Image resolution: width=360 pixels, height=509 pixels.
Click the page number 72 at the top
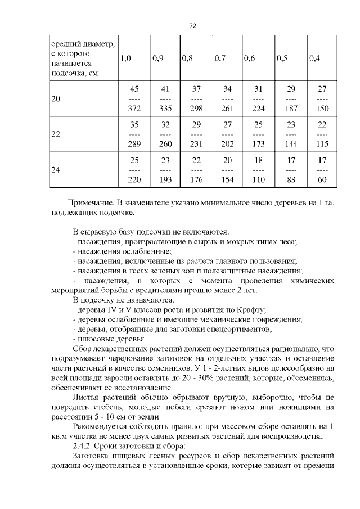coord(192,25)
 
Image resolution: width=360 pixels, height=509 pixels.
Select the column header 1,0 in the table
coord(125,58)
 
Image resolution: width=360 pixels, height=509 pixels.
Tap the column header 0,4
coord(314,58)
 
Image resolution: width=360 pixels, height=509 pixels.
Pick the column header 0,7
coord(220,58)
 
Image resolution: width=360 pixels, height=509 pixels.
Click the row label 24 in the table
coord(56,169)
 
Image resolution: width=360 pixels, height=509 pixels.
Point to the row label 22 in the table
coord(56,134)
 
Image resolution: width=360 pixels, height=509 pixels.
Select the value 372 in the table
coord(134,108)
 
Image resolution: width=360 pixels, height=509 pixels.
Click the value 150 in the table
coord(322,108)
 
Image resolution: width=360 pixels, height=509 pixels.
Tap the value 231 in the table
coord(196,144)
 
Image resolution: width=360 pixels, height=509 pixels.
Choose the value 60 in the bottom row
coord(322,179)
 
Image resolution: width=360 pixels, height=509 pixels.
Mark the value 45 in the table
coord(134,89)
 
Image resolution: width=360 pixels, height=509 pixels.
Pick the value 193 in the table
coord(165,179)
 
